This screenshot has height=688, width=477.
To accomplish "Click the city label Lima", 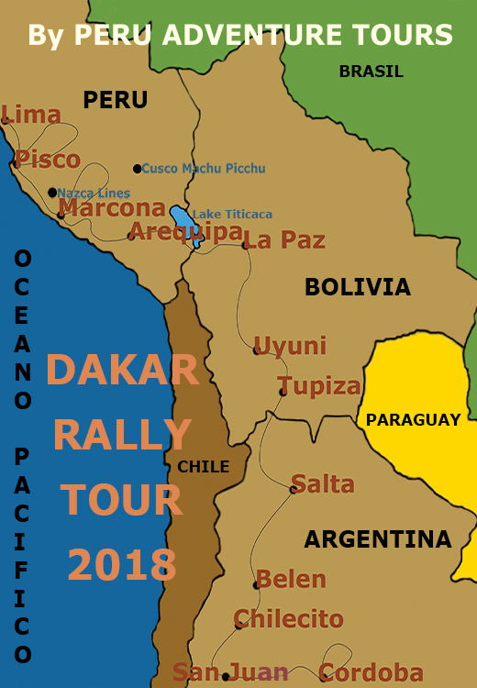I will pos(32,115).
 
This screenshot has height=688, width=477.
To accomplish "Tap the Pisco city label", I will pos(48,160).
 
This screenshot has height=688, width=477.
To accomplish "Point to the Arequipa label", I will pos(185,231).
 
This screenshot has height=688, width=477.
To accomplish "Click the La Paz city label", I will pos(285,240).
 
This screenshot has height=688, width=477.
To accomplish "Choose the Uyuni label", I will pos(290,346).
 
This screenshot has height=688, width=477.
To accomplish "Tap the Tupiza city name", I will pos(319,385).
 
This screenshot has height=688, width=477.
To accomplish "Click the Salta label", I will pos(323,483).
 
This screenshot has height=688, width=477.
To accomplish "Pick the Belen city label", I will pos(291,580).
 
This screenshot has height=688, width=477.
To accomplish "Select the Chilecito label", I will pos(289,618).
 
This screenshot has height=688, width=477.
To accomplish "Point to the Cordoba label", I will pos(372,672).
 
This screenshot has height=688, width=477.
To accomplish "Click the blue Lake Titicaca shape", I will pos(184,224).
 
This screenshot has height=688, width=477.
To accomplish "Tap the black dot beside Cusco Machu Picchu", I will pos(138,169).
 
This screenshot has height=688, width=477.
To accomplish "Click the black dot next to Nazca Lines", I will pos(52,193).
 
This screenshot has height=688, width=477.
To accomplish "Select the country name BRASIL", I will pos(371,72).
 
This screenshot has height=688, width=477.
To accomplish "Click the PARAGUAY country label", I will pos(413,420).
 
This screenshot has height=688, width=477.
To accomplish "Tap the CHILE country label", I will pos(204,467).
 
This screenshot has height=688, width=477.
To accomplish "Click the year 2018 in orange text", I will pos(122,564).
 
